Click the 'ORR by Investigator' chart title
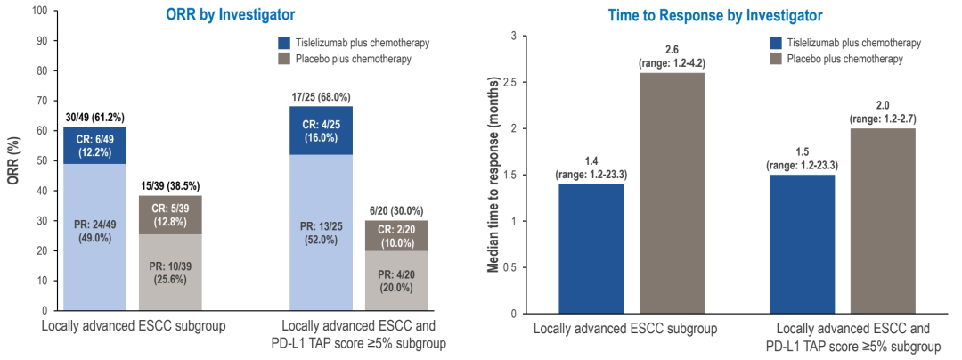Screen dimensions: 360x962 click(x=231, y=15)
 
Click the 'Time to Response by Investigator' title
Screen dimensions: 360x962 click(x=715, y=15)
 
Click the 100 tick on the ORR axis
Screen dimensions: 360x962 click(x=38, y=12)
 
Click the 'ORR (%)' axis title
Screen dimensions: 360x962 click(x=12, y=160)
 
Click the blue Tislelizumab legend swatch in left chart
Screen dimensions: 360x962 click(x=284, y=43)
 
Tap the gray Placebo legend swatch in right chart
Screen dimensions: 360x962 click(x=775, y=59)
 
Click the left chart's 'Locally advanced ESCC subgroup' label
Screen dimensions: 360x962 click(x=134, y=327)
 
